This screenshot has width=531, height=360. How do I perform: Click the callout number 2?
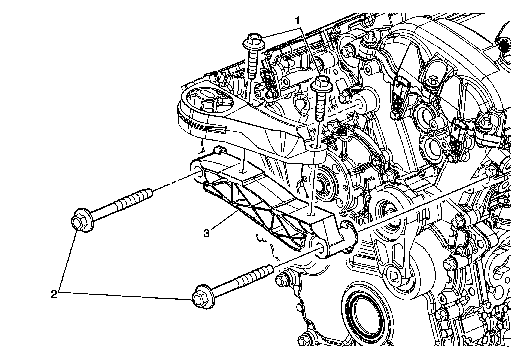(54, 295)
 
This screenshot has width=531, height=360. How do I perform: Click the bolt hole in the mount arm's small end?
(313, 146)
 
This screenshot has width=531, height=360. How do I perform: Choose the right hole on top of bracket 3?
(311, 215)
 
